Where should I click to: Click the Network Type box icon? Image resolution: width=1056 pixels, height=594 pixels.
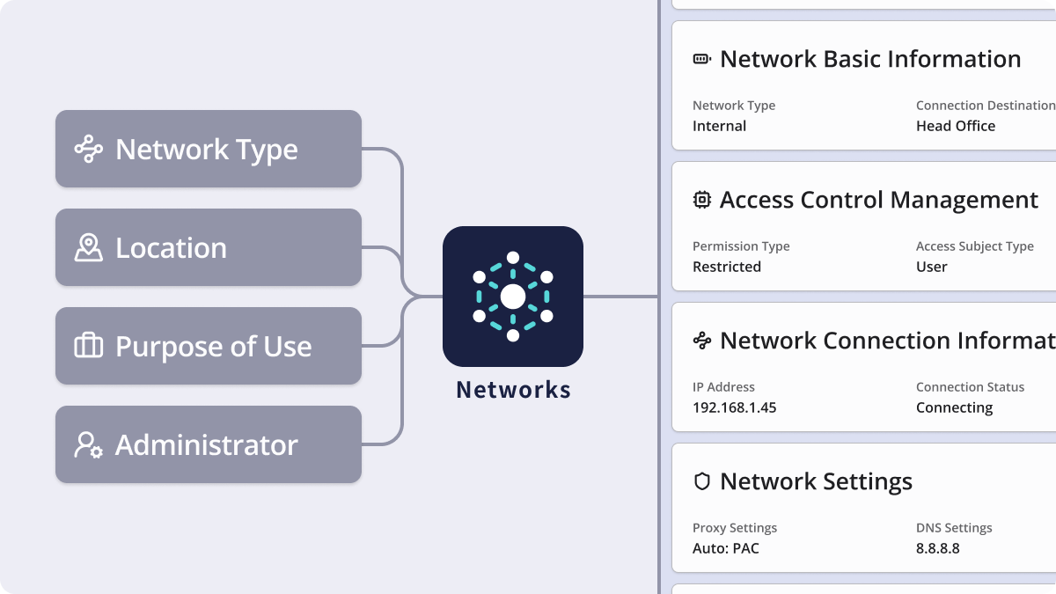(88, 150)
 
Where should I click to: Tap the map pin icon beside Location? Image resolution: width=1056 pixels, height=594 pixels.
(88, 248)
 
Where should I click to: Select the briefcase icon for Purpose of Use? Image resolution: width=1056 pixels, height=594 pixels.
(88, 347)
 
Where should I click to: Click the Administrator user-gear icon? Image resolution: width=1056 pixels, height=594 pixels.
(88, 445)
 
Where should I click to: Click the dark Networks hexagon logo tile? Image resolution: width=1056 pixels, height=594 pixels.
(512, 297)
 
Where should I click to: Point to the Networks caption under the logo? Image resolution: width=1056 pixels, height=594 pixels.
(513, 390)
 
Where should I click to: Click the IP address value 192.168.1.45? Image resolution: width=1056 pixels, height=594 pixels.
(734, 407)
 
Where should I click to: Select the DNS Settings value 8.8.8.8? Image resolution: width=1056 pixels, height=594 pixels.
(937, 548)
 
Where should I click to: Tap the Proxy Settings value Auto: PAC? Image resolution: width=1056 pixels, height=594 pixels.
(725, 548)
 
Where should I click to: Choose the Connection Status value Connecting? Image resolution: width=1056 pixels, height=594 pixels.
(954, 407)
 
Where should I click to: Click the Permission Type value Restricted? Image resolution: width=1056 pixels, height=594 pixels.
(726, 267)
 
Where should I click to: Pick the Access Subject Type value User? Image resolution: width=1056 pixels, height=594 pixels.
(931, 267)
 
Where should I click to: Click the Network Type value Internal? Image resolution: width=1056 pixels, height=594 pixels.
(719, 126)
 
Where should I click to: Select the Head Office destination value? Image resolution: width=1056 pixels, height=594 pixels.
(955, 126)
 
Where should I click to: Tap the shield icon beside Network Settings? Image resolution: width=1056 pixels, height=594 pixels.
(701, 481)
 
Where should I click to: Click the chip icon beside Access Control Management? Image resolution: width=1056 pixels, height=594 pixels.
(701, 200)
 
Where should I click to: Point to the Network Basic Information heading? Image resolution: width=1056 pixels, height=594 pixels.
(869, 59)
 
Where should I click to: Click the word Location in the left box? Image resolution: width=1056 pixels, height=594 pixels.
(171, 248)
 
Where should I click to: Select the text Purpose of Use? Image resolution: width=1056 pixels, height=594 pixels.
(213, 347)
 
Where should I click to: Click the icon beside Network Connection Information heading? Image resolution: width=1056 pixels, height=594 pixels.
(701, 341)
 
